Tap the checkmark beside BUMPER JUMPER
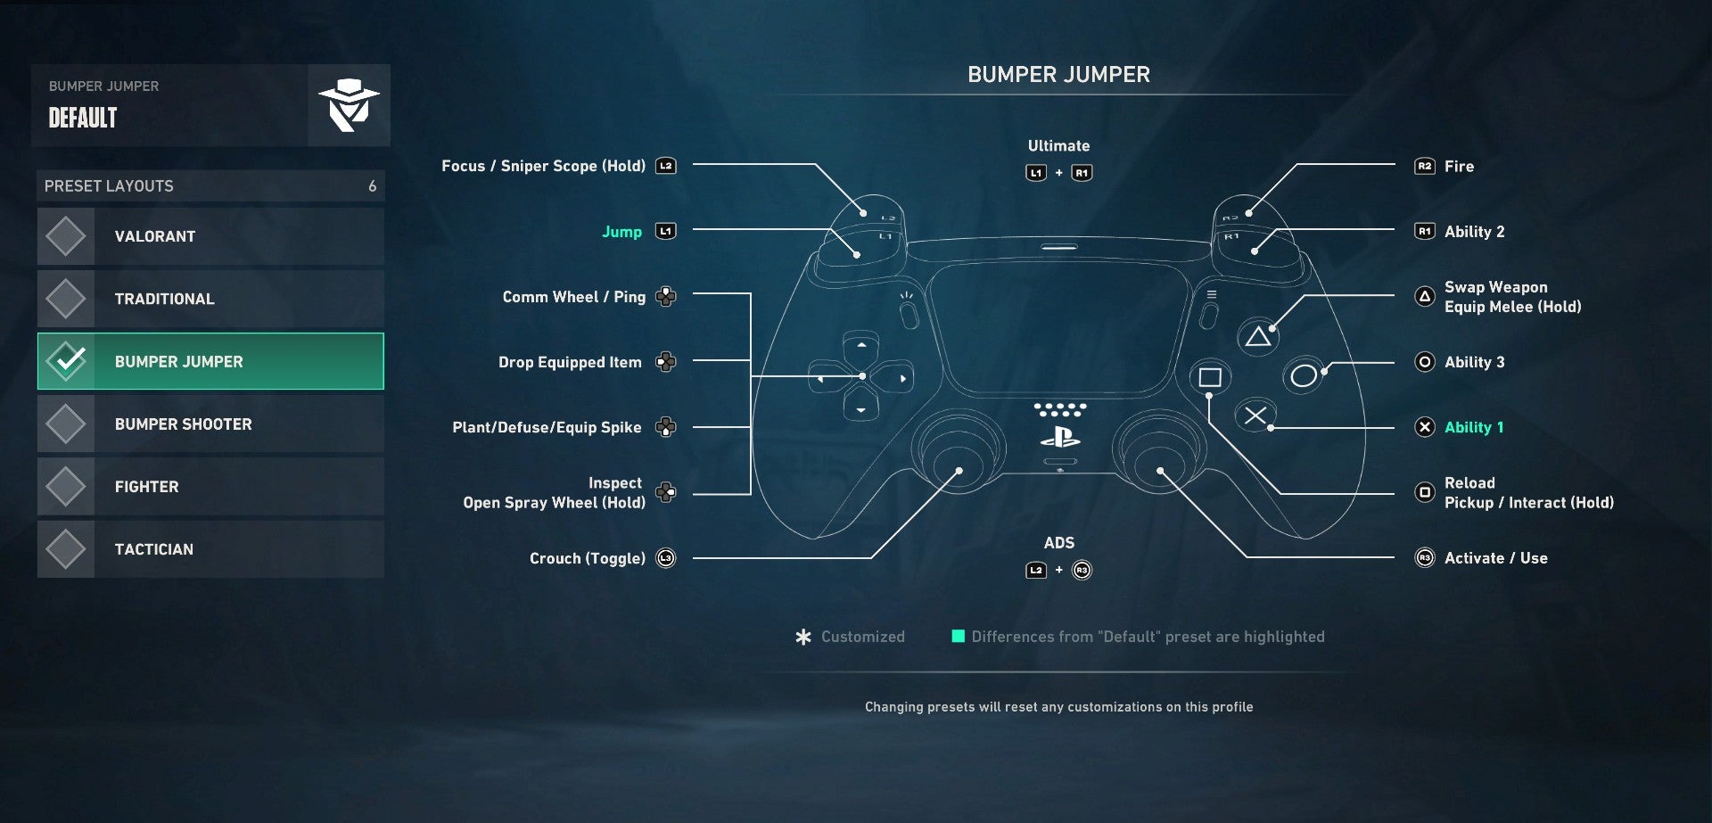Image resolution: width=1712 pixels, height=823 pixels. point(67,361)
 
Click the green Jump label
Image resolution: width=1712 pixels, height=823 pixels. point(621,232)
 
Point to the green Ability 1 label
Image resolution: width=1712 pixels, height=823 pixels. point(1473,427)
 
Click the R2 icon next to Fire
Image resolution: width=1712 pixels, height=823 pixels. point(1424,166)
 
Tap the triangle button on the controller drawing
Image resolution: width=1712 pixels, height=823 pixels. point(1257,337)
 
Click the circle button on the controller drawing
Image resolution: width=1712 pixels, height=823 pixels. point(1303,376)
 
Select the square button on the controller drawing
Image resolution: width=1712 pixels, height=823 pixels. point(1210,377)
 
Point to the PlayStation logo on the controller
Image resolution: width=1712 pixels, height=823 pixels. point(1059,437)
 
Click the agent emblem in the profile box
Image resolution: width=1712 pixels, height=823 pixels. point(349,105)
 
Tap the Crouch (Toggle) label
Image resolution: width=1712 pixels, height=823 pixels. point(587,558)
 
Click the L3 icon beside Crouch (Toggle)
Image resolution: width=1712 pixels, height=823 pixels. point(666,558)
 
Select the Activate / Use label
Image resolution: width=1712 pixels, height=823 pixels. point(1495,558)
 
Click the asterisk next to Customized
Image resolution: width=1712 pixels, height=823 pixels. point(803,637)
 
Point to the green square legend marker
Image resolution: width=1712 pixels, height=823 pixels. point(958,636)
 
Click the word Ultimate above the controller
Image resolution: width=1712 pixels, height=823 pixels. point(1058,145)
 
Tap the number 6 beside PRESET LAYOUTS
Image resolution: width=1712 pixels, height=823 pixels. point(372,186)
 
